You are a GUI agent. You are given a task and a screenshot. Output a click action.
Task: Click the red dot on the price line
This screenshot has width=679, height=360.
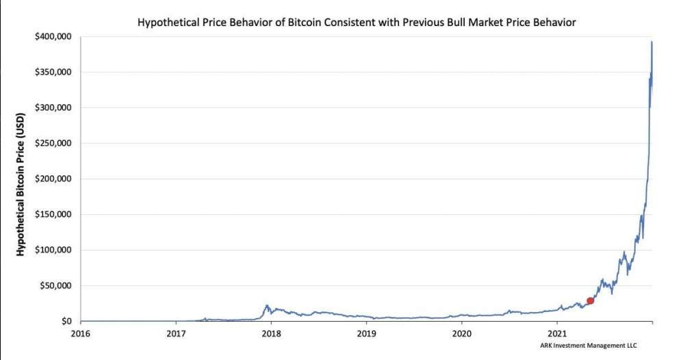coord(590,300)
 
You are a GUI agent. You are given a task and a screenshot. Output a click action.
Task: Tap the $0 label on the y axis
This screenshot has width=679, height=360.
coord(67,322)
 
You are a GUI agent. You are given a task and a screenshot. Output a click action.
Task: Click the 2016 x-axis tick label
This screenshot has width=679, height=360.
coord(81,334)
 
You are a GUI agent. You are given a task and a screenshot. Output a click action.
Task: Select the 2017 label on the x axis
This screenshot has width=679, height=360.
coord(176,334)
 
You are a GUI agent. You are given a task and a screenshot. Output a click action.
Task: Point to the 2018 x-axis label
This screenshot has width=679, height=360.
coord(271,334)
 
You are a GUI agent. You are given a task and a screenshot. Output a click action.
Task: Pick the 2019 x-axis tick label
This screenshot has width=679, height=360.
coord(366,334)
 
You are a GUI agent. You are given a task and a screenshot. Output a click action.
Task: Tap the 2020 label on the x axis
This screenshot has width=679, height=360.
coord(462,334)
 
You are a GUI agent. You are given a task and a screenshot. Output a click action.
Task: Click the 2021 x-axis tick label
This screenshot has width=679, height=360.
coord(557,334)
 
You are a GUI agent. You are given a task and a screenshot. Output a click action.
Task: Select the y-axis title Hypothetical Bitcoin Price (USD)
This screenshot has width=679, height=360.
coord(21,179)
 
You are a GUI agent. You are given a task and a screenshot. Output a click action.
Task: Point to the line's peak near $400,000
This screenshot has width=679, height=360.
coord(652,42)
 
